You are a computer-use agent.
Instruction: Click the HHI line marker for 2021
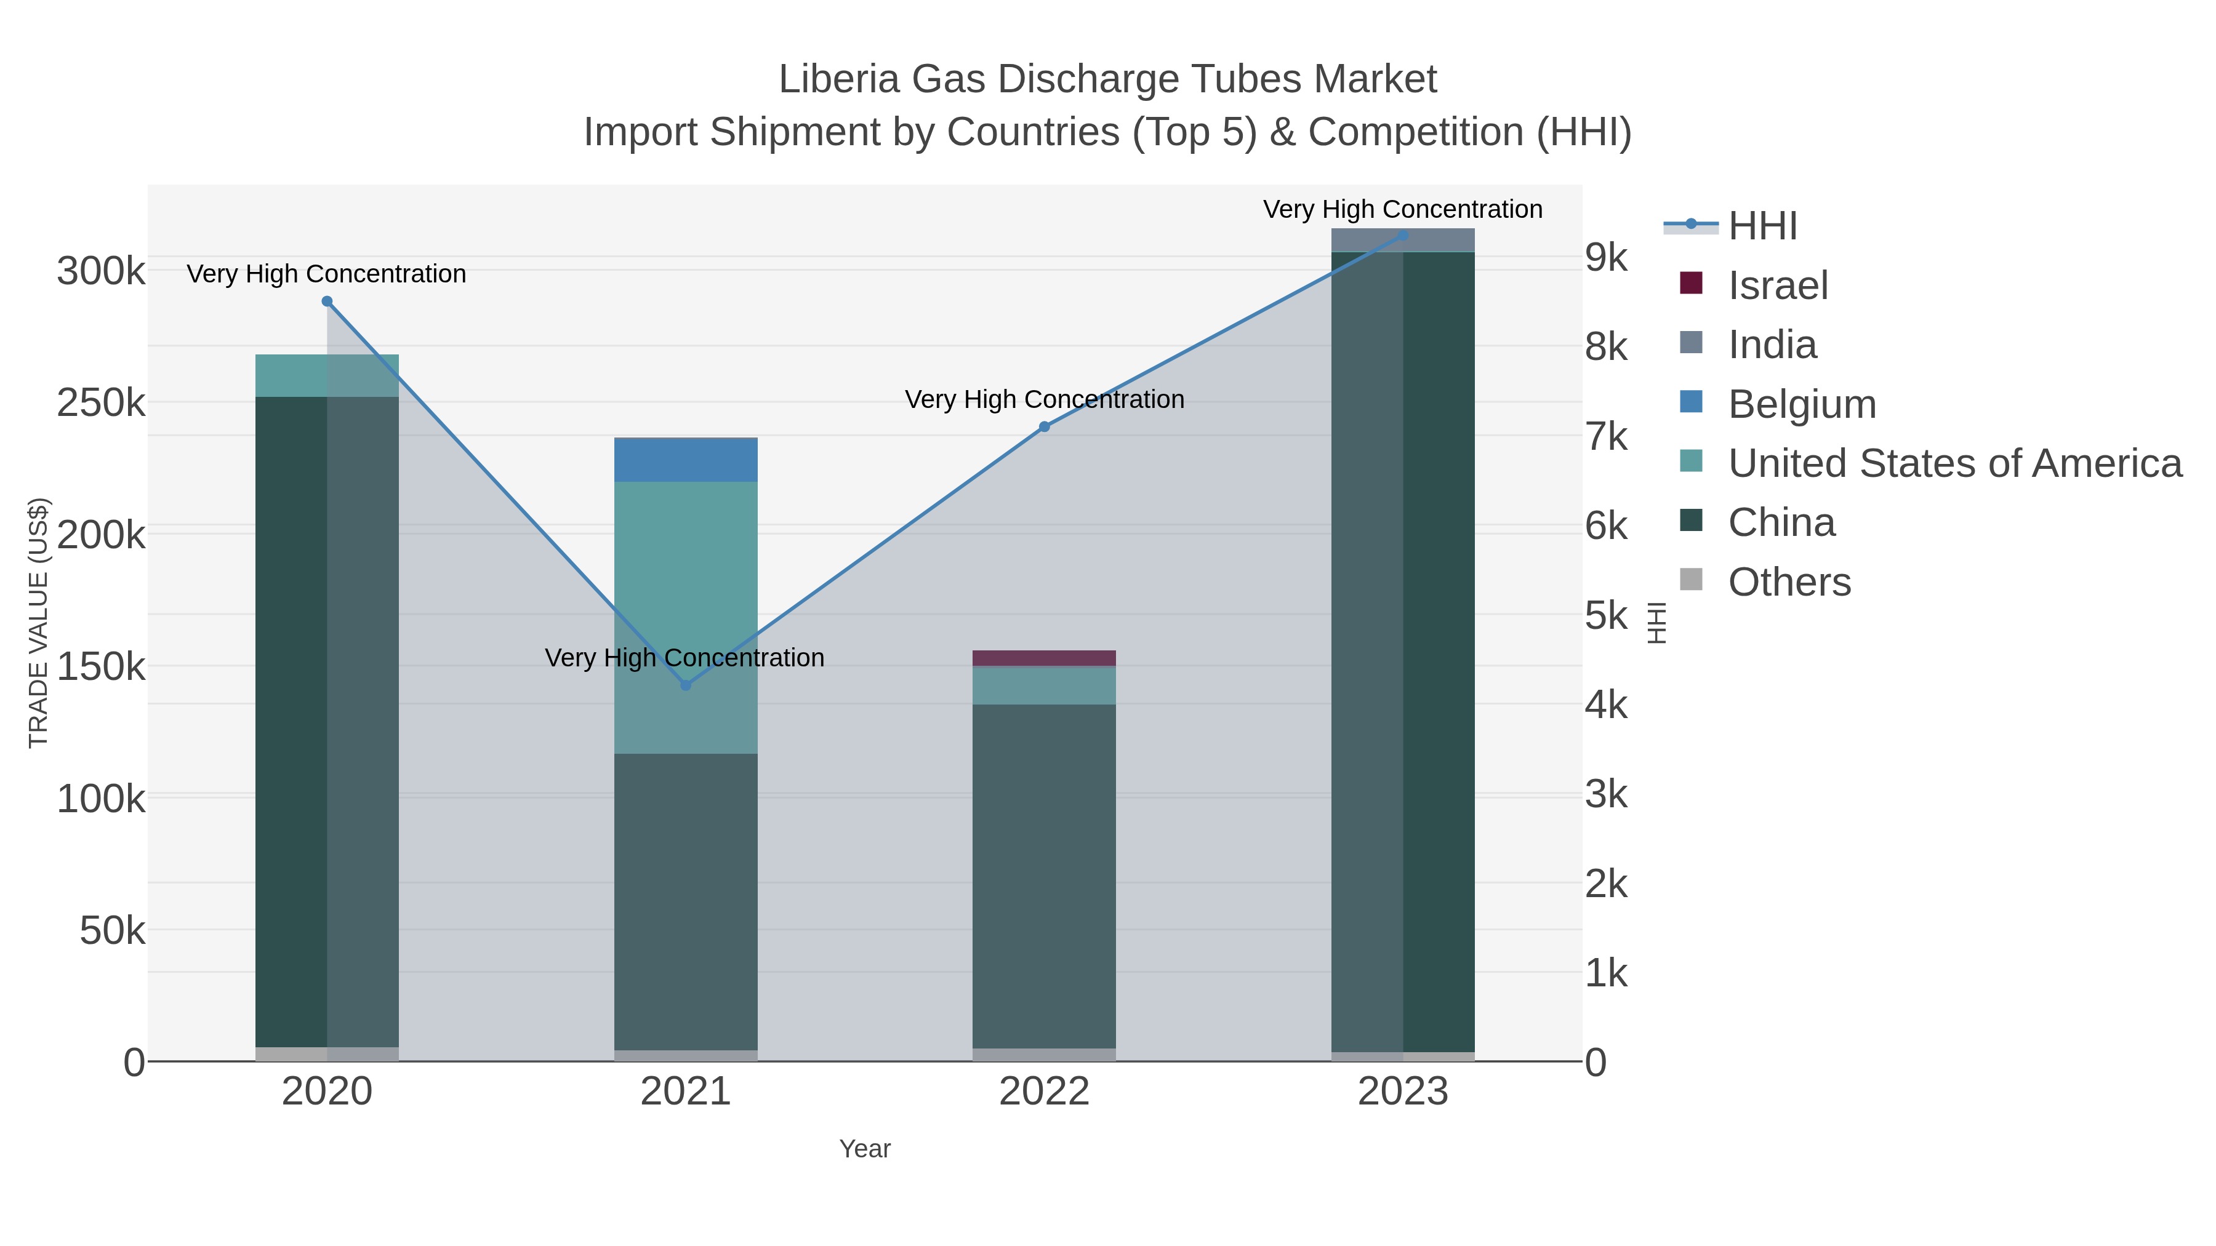[686, 685]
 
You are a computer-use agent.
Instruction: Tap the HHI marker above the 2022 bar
[1045, 426]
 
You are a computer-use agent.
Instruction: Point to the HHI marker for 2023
[1403, 235]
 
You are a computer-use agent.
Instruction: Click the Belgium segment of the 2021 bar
[686, 460]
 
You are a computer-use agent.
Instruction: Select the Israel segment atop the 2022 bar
[1045, 658]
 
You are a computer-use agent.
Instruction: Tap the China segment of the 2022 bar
[1045, 877]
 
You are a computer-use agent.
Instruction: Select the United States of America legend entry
[1954, 463]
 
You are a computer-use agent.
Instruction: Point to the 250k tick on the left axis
[101, 402]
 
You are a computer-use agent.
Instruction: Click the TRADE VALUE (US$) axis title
[39, 623]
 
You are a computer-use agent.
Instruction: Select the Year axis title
[865, 1149]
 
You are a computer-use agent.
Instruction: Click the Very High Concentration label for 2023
[1402, 209]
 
